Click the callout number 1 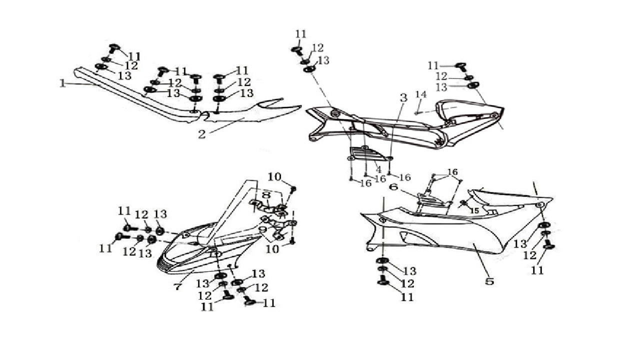click(x=62, y=83)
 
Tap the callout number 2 click(x=202, y=134)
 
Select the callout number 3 click(x=403, y=98)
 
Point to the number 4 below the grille click(x=379, y=169)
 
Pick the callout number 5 click(x=489, y=281)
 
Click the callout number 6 click(x=393, y=187)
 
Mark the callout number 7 click(x=177, y=287)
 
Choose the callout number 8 click(x=266, y=195)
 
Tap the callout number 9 click(x=262, y=229)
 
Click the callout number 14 click(x=421, y=94)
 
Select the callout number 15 click(x=474, y=211)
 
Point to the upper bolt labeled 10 click(x=293, y=189)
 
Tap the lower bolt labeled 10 click(x=292, y=241)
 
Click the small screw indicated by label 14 click(x=416, y=113)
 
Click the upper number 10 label click(x=274, y=177)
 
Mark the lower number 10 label click(x=272, y=249)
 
